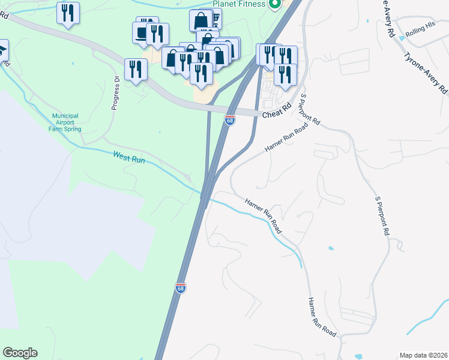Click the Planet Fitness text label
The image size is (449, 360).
tap(238, 4)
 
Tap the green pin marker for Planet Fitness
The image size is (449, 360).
tap(276, 5)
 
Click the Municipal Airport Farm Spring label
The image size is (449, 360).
tap(66, 122)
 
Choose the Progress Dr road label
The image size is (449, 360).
tap(115, 94)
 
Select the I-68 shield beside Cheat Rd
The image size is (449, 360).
tap(230, 120)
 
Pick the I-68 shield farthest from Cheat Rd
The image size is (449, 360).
tap(181, 288)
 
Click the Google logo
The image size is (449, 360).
tap(20, 353)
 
